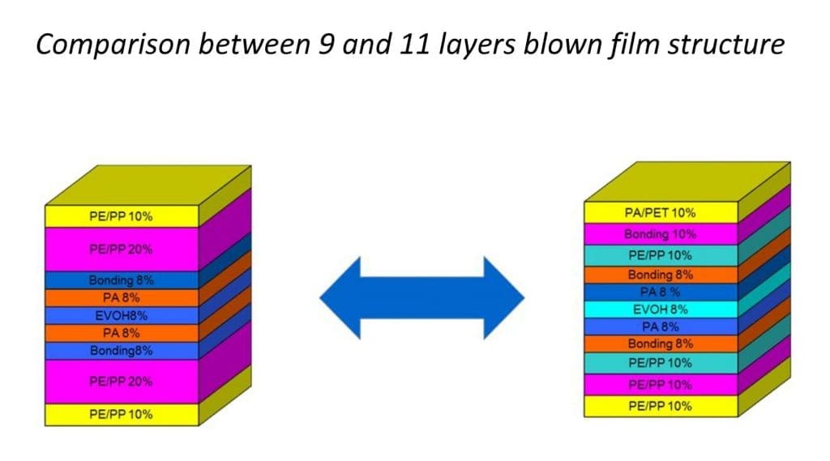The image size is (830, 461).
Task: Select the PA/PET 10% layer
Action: (x=660, y=213)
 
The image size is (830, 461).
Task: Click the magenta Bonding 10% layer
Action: (x=660, y=234)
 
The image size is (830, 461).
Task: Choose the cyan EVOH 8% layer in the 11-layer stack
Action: (x=660, y=309)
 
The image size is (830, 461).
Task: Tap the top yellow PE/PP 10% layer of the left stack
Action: (x=122, y=216)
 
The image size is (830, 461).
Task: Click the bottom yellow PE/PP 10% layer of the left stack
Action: (x=122, y=414)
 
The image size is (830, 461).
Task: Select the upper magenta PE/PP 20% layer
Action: (x=122, y=249)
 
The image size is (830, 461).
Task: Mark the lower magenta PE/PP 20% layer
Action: (x=122, y=381)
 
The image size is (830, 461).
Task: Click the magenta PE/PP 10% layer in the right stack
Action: (x=660, y=384)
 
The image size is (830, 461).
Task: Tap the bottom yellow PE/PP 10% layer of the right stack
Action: (x=660, y=406)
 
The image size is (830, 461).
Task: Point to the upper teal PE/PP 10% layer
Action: (x=660, y=255)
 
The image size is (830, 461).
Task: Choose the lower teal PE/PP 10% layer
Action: (x=660, y=363)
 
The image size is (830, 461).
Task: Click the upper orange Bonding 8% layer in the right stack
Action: (x=660, y=275)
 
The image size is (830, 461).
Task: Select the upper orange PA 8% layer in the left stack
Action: (x=122, y=297)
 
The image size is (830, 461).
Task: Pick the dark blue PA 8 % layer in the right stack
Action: (x=660, y=292)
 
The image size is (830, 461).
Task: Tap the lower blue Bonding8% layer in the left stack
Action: (x=122, y=351)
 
